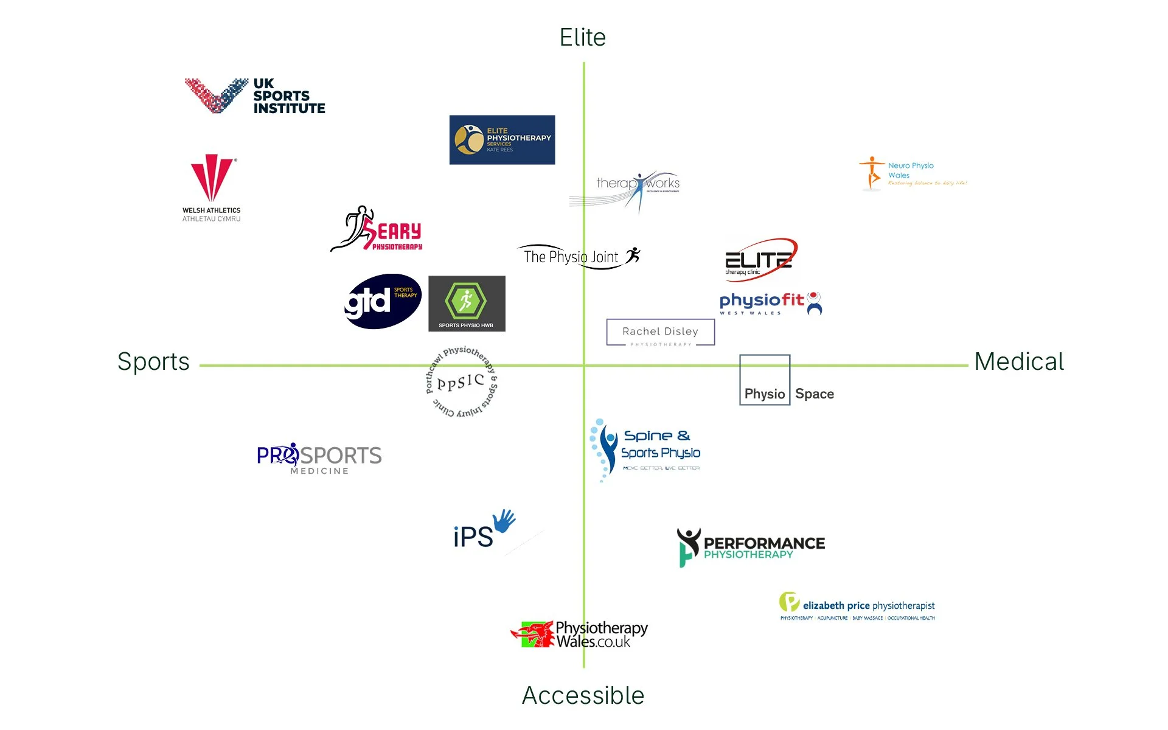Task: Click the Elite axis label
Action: click(x=582, y=38)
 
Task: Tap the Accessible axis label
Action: click(x=583, y=695)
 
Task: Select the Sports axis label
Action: click(x=153, y=362)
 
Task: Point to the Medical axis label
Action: click(x=1019, y=362)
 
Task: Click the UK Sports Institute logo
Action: click(x=255, y=96)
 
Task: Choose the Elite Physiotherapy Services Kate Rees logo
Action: click(x=502, y=140)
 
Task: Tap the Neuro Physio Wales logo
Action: click(x=912, y=174)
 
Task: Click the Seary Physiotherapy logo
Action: click(x=377, y=229)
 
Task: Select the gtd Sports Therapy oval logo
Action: click(x=383, y=301)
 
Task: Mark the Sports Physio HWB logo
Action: click(x=467, y=304)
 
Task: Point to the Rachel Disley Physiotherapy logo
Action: click(x=660, y=332)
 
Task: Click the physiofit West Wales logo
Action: click(x=770, y=303)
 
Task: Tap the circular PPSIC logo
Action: click(x=461, y=382)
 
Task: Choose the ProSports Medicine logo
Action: click(x=319, y=458)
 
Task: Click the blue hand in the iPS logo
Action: click(x=504, y=521)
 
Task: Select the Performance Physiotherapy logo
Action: click(x=751, y=546)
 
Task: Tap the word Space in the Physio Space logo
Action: click(x=814, y=394)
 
